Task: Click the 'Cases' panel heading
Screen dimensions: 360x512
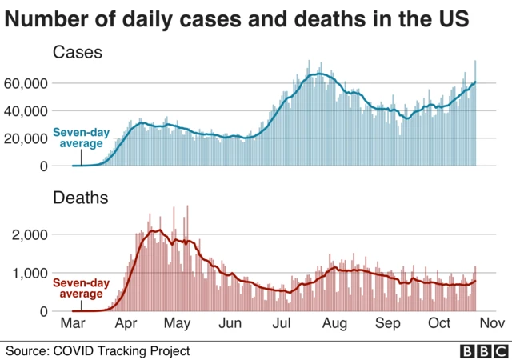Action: click(x=77, y=53)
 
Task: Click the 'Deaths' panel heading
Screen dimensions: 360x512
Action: click(x=81, y=197)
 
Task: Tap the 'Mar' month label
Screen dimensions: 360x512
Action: click(x=73, y=324)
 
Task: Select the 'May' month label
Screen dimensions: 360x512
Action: click(x=178, y=324)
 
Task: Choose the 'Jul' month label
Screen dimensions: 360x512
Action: click(x=282, y=324)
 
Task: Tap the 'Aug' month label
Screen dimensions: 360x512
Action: click(x=334, y=324)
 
